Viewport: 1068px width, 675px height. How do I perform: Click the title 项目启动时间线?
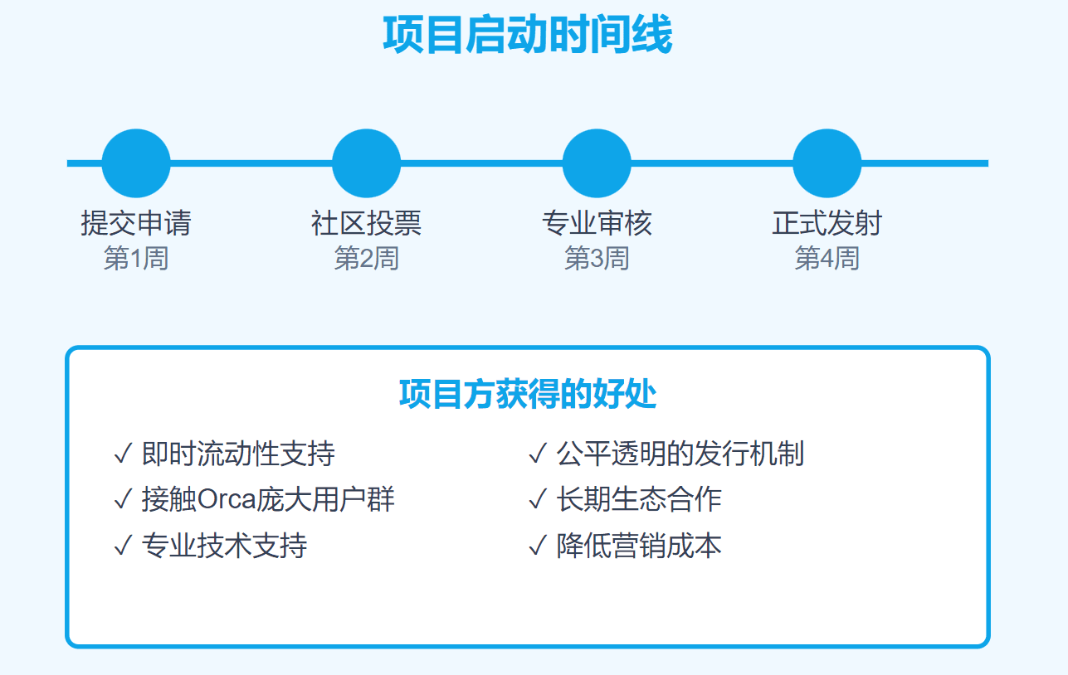click(527, 34)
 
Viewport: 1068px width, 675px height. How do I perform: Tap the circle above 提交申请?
click(136, 163)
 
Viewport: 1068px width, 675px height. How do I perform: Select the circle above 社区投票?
click(367, 163)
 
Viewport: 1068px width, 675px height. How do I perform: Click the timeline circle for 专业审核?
click(597, 163)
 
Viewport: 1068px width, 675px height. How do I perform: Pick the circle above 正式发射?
click(827, 163)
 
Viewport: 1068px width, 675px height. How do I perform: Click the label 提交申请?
click(136, 223)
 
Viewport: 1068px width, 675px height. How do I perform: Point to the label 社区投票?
click(367, 223)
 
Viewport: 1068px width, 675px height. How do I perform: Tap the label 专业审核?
click(597, 223)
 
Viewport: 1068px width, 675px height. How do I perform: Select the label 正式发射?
click(827, 223)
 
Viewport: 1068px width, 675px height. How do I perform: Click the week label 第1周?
click(136, 258)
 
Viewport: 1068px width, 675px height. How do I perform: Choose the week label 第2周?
click(367, 258)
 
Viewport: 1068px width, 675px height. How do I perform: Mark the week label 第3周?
click(597, 258)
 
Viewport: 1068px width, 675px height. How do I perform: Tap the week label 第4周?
click(827, 258)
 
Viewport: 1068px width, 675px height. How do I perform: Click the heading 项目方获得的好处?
click(528, 395)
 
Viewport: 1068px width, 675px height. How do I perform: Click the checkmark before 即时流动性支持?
click(123, 454)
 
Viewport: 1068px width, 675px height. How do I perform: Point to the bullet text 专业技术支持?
click(225, 546)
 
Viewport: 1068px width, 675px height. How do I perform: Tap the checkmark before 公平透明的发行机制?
click(538, 454)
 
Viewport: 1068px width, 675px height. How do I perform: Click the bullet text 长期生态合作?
click(639, 500)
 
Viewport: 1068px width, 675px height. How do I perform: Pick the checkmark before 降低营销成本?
click(538, 546)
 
